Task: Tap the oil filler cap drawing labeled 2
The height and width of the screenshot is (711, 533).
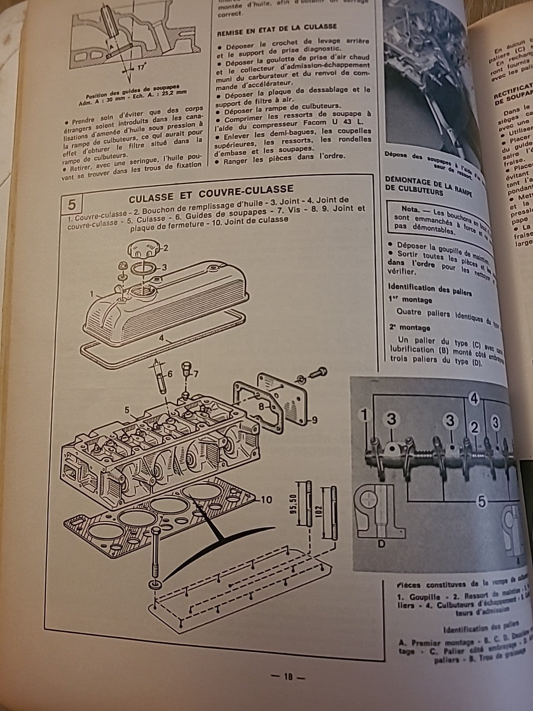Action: [x=140, y=248]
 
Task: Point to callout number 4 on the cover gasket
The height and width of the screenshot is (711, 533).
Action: [x=161, y=339]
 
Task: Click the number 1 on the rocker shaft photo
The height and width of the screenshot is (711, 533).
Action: [x=365, y=416]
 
